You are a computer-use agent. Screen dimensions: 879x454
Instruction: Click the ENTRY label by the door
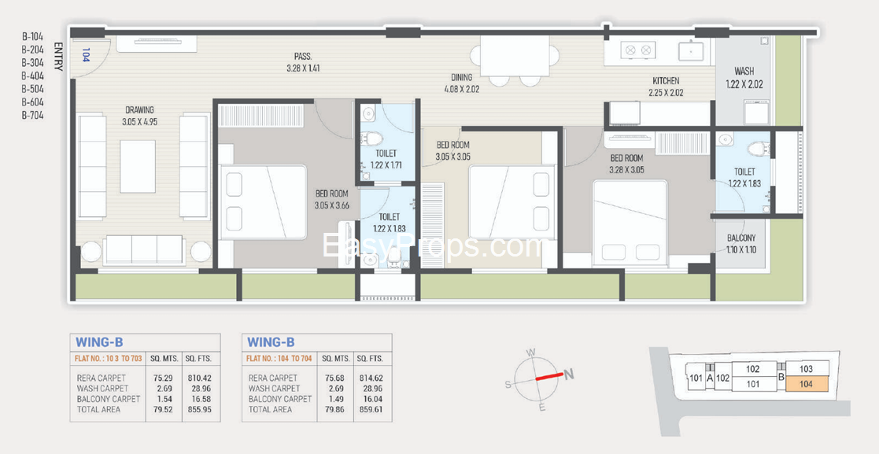58,56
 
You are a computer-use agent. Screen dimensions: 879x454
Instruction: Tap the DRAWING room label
139,110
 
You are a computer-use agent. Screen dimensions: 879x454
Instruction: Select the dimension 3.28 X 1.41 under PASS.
302,68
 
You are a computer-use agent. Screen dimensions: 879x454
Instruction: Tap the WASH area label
744,72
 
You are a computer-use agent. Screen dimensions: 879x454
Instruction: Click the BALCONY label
741,238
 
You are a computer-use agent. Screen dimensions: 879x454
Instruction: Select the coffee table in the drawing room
138,167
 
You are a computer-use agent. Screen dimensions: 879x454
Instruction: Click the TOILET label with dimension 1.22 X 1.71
386,153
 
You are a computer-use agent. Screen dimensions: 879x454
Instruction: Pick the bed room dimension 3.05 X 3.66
332,205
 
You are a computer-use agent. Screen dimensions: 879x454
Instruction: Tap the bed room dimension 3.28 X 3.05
626,169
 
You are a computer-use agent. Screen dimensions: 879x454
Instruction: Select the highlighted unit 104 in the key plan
807,384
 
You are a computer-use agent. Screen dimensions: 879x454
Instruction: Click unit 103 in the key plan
807,369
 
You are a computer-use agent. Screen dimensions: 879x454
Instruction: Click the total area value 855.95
199,410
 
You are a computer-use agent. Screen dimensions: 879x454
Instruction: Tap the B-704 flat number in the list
32,116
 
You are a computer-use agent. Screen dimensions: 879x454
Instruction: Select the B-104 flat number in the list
32,36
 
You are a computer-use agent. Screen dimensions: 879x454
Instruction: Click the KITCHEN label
666,81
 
